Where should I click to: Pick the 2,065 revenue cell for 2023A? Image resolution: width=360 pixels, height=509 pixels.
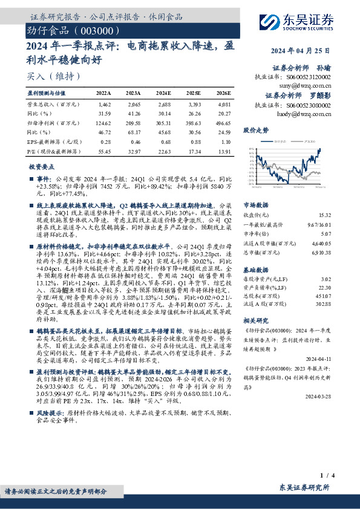(133, 105)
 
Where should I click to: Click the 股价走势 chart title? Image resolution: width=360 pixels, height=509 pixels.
(257, 130)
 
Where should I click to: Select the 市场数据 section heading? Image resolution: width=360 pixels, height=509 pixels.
(256, 205)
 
